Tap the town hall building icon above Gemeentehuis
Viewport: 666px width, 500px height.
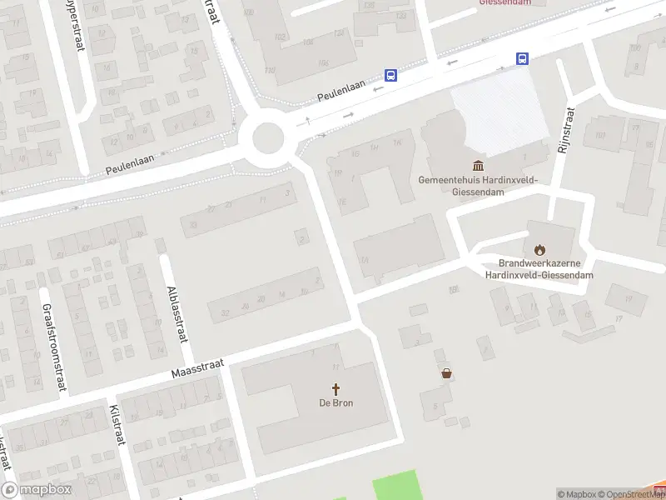tap(478, 166)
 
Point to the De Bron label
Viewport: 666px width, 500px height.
tap(335, 403)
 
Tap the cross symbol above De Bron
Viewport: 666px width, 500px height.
tap(336, 388)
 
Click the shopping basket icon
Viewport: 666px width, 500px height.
tap(448, 374)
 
